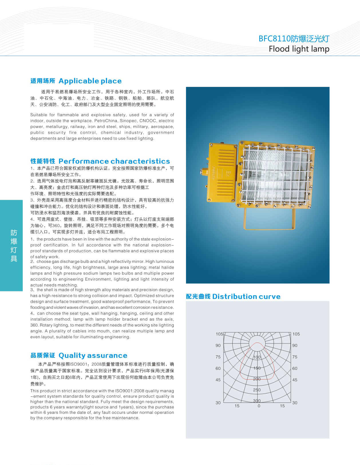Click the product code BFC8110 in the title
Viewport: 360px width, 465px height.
(274, 39)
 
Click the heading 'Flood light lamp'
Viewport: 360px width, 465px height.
(299, 49)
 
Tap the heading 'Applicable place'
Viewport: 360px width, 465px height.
(90, 81)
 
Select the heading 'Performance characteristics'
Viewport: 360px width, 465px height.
(114, 161)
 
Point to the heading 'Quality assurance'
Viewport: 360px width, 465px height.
(93, 355)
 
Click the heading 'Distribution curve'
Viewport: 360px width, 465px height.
(246, 297)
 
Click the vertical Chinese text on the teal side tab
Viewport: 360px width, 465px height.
(14, 245)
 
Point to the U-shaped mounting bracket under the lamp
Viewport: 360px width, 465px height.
(269, 220)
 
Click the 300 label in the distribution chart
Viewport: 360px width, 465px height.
(257, 401)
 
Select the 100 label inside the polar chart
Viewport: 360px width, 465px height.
(257, 357)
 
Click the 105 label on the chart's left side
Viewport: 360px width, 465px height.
(219, 334)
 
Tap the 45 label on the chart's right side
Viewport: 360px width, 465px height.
(295, 380)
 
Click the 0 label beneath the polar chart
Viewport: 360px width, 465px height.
(259, 406)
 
